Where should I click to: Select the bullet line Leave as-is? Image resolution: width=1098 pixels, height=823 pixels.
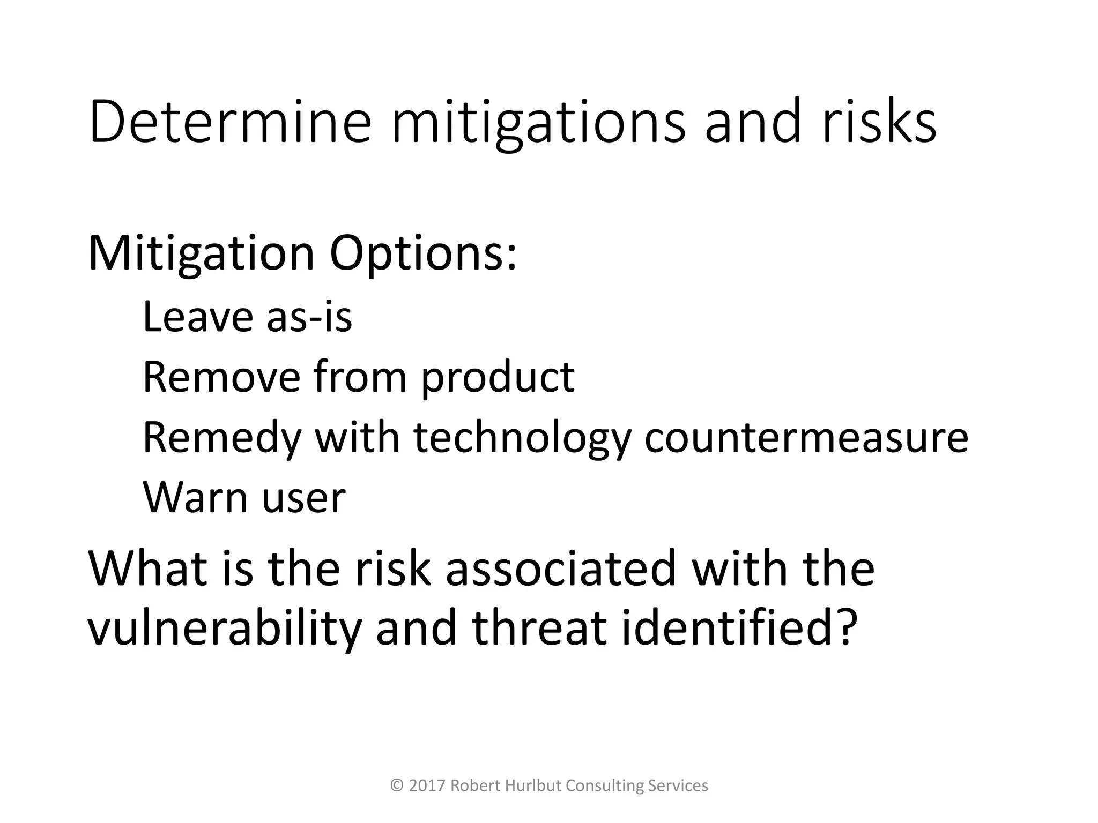(x=247, y=317)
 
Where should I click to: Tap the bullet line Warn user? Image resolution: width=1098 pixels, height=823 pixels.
(x=244, y=498)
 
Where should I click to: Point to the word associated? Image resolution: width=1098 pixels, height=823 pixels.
(x=560, y=568)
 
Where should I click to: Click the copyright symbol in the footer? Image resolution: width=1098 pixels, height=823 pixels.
(x=397, y=785)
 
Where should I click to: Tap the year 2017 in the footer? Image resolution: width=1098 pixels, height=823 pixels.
(x=427, y=785)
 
